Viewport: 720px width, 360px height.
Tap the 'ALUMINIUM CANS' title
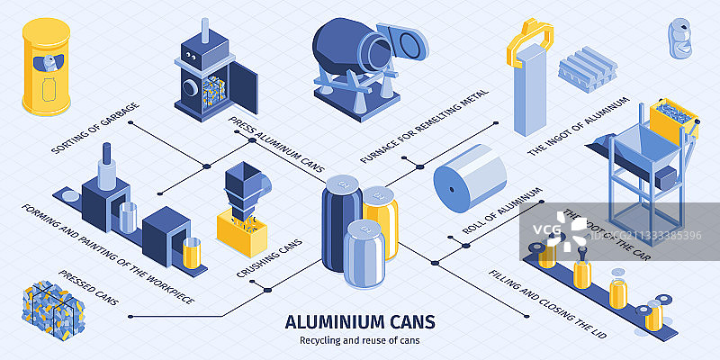click(360, 321)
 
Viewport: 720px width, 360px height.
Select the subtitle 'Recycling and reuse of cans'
click(360, 339)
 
